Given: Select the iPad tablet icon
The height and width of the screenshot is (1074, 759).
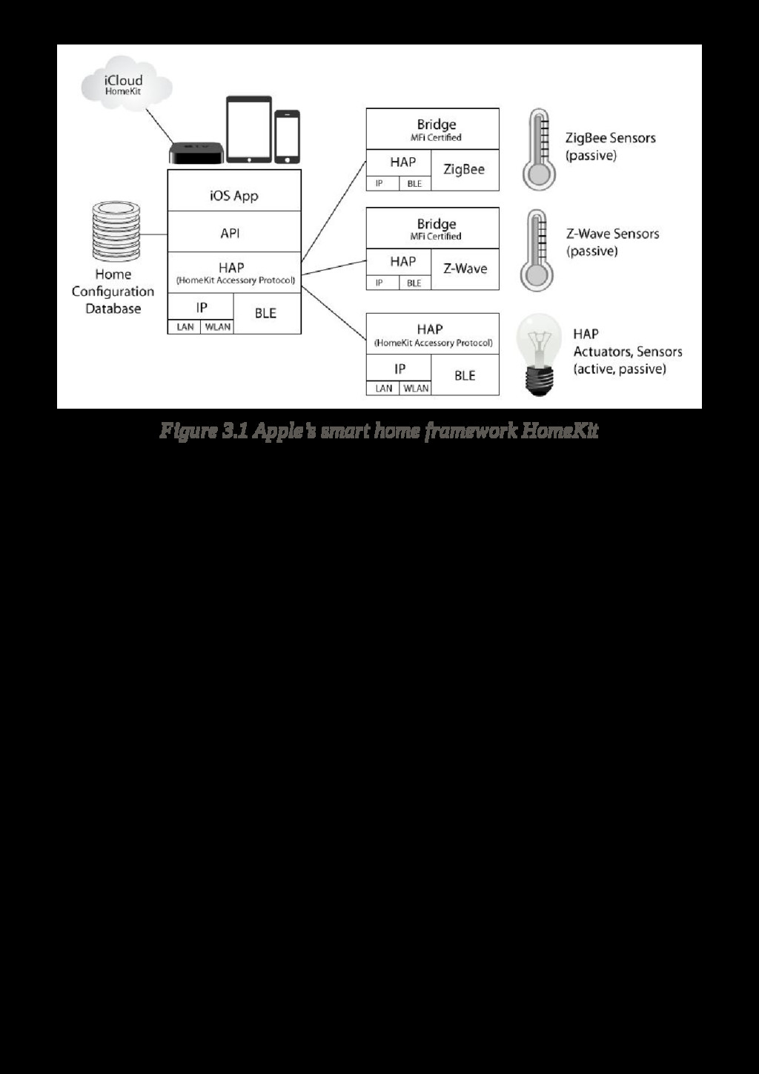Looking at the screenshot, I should point(249,128).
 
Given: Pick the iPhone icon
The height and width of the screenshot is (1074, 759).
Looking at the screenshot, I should point(287,136).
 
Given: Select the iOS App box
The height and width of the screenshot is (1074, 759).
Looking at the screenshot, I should point(234,196).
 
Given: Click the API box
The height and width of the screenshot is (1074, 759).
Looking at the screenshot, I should point(234,233).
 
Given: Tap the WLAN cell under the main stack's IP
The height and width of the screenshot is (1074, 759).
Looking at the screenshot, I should point(218,326).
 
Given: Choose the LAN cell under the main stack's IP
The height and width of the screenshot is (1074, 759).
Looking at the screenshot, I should point(185,326).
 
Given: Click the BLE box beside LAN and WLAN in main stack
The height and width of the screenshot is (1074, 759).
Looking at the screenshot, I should point(266,313).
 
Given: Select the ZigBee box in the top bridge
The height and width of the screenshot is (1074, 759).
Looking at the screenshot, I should point(464,170).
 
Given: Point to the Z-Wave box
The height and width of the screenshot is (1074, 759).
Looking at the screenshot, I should point(465,268).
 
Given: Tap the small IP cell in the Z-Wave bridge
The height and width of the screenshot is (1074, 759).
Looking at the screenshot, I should point(379,283).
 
